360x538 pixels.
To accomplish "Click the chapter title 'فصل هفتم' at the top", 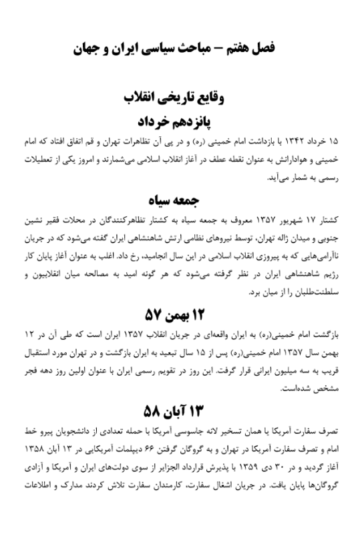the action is (258, 49).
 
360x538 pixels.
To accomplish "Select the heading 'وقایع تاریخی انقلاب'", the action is (180, 99).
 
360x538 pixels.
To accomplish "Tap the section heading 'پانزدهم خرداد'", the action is (180, 121).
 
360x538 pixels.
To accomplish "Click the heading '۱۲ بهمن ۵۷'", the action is (180, 312).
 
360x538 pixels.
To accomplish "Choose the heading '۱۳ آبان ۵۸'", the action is (180, 408).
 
